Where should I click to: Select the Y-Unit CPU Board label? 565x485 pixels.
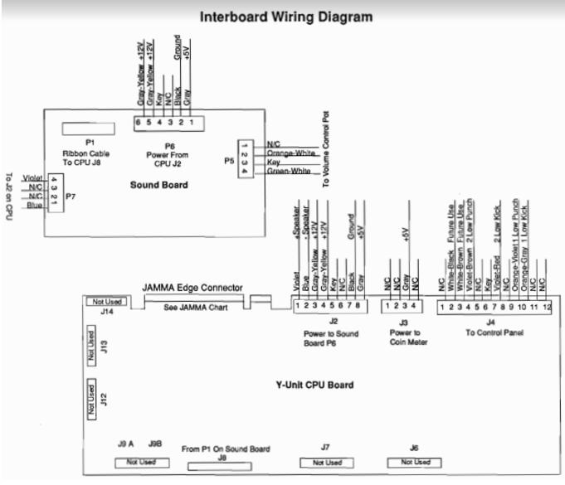tap(315, 385)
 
